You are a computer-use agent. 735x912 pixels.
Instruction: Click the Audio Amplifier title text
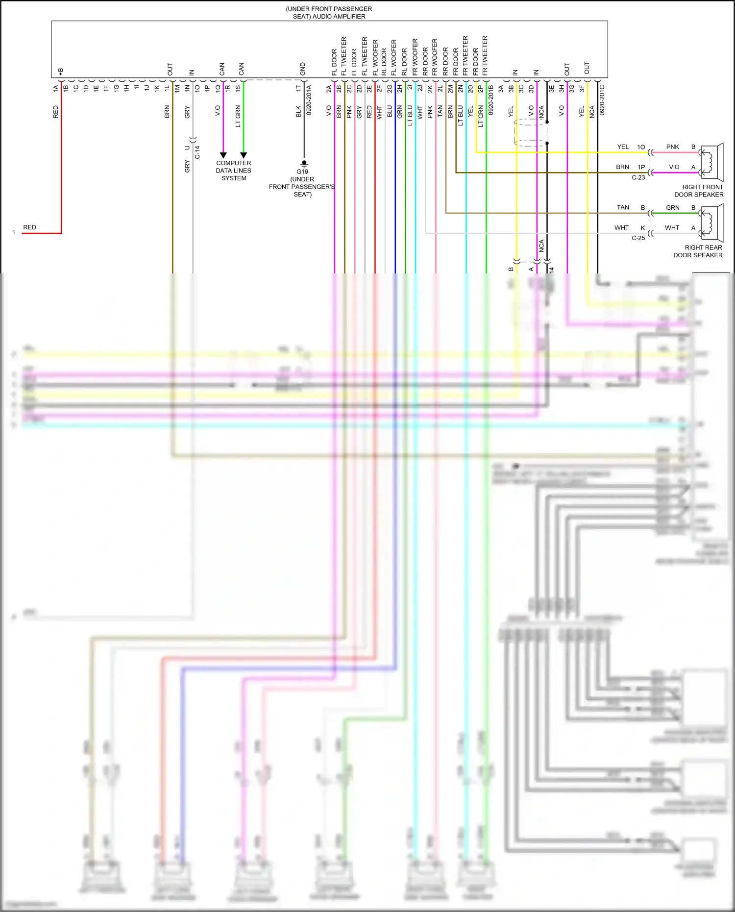[329, 13]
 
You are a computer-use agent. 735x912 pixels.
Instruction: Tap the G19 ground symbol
[304, 163]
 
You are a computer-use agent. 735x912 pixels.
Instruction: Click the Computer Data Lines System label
[234, 171]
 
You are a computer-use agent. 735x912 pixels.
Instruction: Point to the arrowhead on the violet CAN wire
[223, 155]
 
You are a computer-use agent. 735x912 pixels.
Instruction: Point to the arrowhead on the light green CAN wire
[244, 155]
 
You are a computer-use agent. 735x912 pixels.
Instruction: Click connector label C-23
[638, 177]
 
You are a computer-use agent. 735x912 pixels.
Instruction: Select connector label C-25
[638, 238]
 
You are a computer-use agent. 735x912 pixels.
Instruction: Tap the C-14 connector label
[197, 152]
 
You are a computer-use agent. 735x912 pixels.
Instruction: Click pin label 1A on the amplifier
[55, 89]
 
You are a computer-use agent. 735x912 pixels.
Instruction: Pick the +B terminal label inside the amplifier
[61, 72]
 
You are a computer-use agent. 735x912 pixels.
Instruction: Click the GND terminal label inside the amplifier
[303, 69]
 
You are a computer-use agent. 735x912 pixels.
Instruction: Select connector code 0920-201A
[309, 100]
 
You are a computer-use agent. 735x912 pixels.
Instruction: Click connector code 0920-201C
[602, 100]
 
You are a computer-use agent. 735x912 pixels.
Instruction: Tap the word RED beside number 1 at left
[29, 227]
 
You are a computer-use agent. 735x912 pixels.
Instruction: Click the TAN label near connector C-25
[623, 208]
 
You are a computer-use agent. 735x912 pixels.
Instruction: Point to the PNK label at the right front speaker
[672, 147]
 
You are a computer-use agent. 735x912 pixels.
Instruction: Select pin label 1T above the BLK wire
[298, 89]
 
